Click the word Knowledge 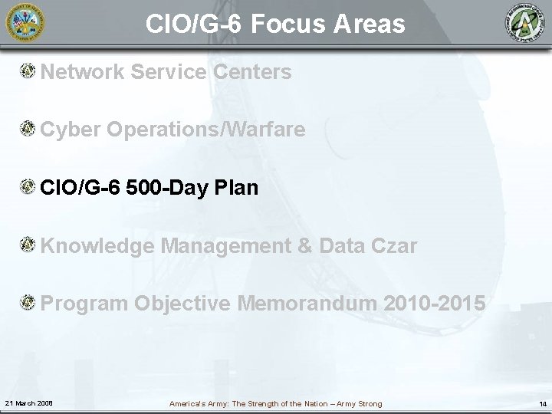tap(98, 246)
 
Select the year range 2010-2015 tap(437, 304)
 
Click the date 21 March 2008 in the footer tap(28, 403)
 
